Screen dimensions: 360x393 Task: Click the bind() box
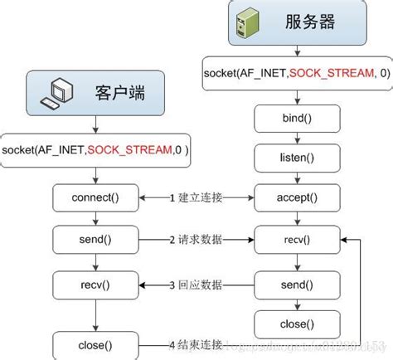point(285,118)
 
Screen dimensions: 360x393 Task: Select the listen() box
point(285,157)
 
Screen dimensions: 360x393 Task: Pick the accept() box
point(285,197)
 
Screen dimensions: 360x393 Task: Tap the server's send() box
point(285,284)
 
